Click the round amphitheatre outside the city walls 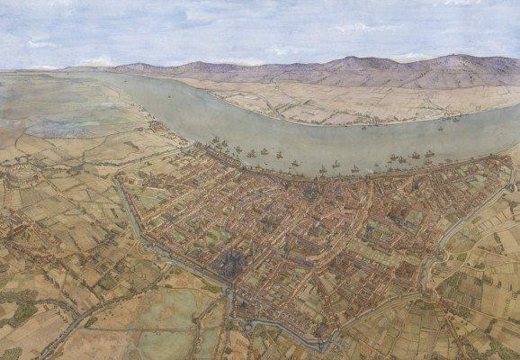pos(19,175)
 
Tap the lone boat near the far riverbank pos(455,118)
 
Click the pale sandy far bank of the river pos(297,103)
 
